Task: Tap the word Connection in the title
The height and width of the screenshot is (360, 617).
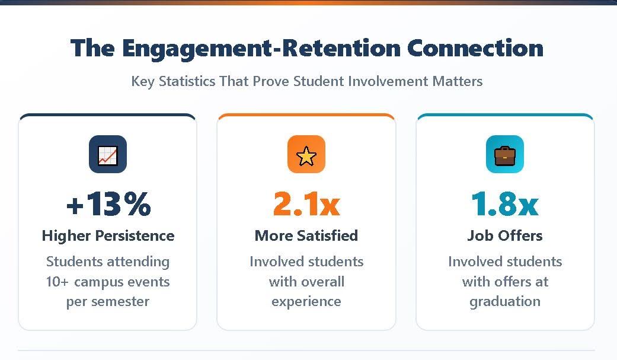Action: click(x=475, y=48)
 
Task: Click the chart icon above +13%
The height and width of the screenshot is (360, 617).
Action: click(x=108, y=155)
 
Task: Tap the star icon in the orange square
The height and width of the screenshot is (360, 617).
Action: click(x=306, y=155)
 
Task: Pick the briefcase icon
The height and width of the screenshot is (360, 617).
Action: click(x=505, y=155)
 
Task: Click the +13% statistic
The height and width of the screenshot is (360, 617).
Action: click(x=108, y=204)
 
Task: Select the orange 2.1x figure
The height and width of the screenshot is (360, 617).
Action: click(x=306, y=204)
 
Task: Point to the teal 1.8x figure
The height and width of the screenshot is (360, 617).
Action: click(x=505, y=204)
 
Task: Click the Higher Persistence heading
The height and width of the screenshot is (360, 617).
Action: click(x=108, y=235)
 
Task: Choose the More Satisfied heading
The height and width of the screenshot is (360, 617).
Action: click(x=306, y=235)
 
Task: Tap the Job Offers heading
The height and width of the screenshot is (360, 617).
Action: click(x=505, y=235)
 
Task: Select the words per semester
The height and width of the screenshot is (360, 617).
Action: click(x=108, y=301)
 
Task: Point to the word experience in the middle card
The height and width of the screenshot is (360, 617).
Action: click(x=306, y=301)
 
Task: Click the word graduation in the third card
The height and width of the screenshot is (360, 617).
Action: click(x=505, y=301)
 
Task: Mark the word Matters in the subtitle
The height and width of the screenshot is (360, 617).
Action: click(x=457, y=81)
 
